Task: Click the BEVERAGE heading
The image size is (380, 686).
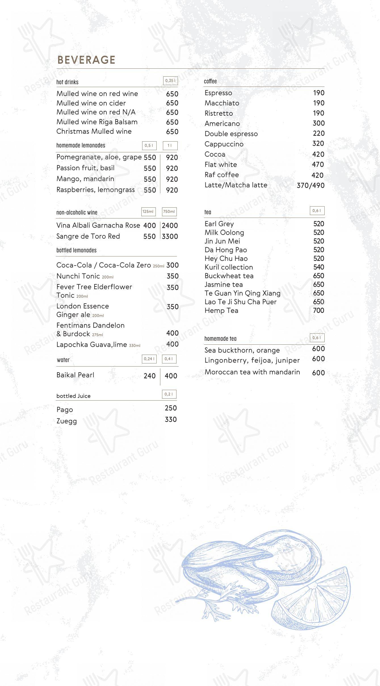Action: click(86, 60)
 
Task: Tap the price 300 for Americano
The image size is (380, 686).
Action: click(318, 123)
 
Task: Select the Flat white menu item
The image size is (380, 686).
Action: click(221, 165)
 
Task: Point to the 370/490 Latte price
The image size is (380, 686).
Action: click(310, 185)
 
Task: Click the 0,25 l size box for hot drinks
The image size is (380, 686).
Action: click(170, 81)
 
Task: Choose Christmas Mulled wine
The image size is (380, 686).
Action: click(94, 131)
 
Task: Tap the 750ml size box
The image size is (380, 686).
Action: click(169, 211)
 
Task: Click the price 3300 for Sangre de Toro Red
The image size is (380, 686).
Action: click(170, 236)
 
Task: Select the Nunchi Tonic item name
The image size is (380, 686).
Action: click(78, 276)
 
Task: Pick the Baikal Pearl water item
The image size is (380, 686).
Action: click(75, 375)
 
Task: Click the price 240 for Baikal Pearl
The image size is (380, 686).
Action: click(150, 376)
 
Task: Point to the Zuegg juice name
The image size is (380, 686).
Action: click(67, 421)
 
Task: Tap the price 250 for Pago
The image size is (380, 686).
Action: click(171, 408)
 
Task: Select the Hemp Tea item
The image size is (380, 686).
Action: click(221, 311)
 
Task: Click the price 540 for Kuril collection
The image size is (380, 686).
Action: click(318, 267)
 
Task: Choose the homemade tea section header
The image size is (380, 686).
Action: click(220, 338)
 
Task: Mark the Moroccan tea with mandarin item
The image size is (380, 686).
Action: click(252, 372)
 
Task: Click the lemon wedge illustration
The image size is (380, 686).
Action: click(312, 599)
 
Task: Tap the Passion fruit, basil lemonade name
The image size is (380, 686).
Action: click(85, 168)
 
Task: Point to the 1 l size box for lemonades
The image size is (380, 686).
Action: click(170, 146)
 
